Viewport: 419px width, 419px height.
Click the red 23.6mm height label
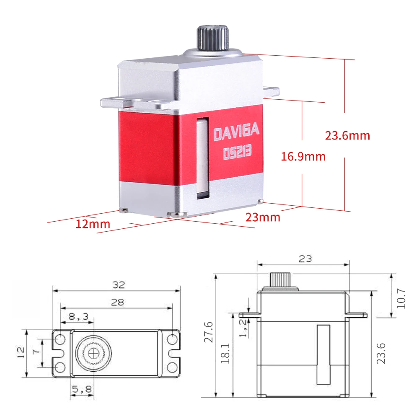[347, 136]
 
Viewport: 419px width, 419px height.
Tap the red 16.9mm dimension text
[303, 156]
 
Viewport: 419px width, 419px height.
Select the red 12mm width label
[93, 224]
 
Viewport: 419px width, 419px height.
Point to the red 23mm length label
[263, 217]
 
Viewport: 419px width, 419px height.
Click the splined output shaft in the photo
[213, 38]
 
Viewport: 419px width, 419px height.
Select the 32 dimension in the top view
[119, 285]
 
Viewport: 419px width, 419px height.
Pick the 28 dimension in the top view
[118, 302]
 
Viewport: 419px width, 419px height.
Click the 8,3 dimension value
[78, 317]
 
